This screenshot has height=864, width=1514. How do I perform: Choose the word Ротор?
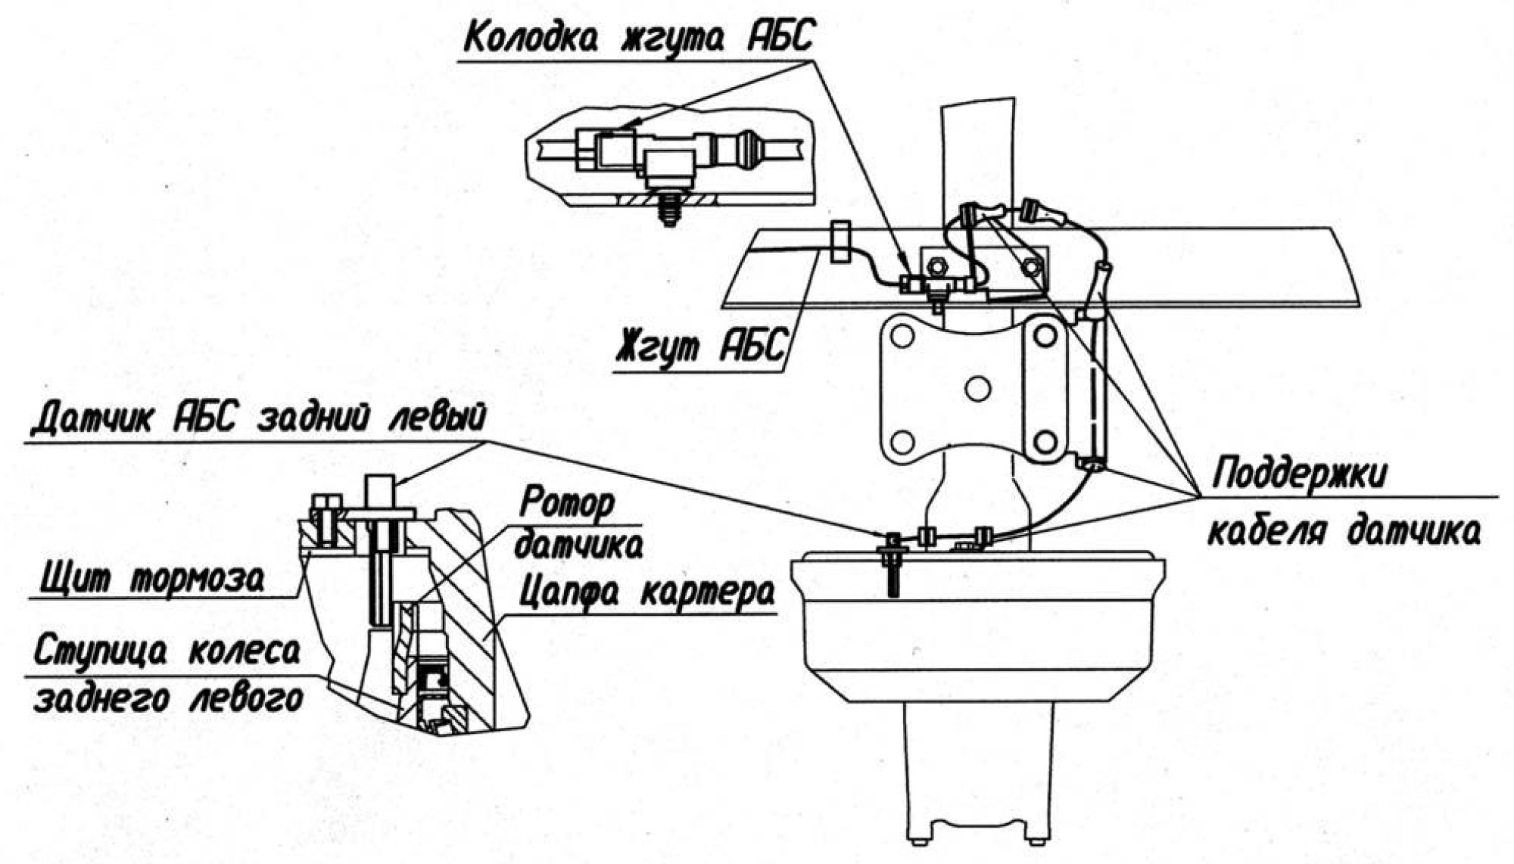click(568, 502)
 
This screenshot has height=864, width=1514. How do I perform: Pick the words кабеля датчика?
click(1343, 532)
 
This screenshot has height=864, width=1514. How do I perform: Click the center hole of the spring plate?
click(978, 388)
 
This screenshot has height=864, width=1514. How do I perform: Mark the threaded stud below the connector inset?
click(669, 209)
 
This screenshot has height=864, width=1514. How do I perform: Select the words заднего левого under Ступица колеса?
click(168, 697)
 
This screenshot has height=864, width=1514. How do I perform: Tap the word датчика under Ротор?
click(578, 545)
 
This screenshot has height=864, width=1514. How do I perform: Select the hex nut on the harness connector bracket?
click(936, 266)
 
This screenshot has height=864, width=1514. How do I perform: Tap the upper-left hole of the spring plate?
click(902, 335)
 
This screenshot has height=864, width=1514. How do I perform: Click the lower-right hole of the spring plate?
click(1045, 441)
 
